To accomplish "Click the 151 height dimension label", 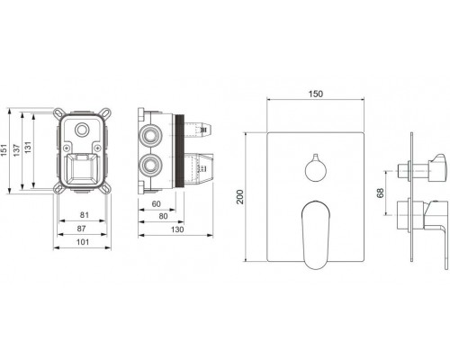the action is (x=4, y=150).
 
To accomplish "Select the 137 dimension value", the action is (x=17, y=150).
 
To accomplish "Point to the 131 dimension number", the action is (x=28, y=148).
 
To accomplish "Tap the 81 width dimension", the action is (x=85, y=215).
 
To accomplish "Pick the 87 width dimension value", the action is (x=81, y=229).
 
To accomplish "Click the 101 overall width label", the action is (x=83, y=242).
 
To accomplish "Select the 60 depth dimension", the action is (x=157, y=204).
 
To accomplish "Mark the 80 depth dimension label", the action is (x=163, y=216).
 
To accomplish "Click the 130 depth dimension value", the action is (x=177, y=229).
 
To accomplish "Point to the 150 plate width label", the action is (x=316, y=94).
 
